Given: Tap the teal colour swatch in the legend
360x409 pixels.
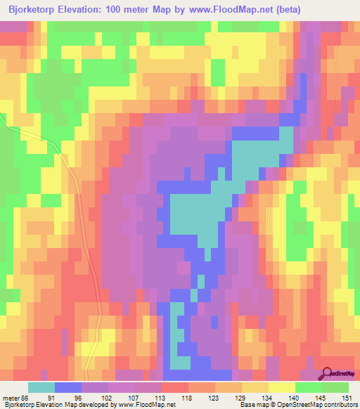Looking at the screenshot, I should (41, 387).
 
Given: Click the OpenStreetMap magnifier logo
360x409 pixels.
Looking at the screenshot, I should (328, 375).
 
